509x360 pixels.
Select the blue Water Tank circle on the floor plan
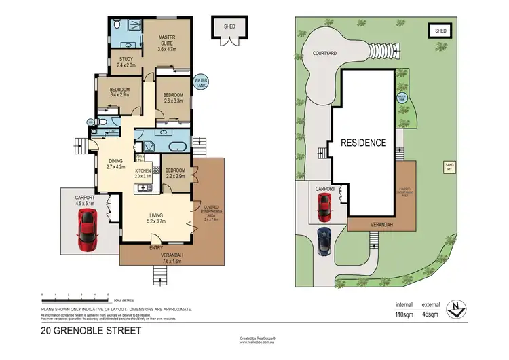[202, 82]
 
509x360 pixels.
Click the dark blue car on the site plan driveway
[324, 240]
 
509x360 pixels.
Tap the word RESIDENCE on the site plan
[364, 143]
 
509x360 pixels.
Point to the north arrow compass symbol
[461, 308]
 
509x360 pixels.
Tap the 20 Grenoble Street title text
[91, 331]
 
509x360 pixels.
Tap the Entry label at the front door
[156, 247]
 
